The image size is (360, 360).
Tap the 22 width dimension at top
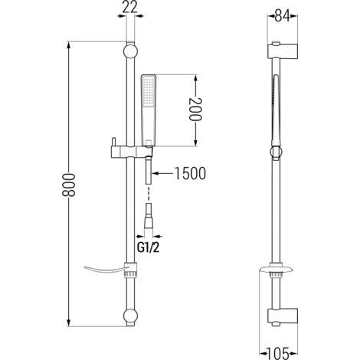(x=128, y=10)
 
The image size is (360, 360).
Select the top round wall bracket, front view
(x=130, y=53)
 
